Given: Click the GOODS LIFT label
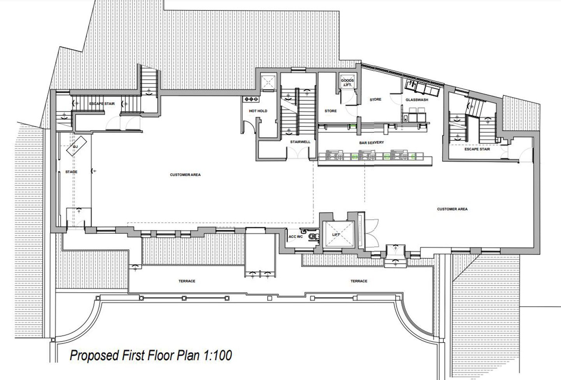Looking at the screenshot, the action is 347,83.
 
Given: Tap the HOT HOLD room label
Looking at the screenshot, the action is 258,111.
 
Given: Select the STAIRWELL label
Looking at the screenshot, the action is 300,142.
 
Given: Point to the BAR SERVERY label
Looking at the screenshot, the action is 371,142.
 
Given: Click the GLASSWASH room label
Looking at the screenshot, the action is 417,99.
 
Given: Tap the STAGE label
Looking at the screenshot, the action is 71,172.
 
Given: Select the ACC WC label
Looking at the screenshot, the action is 296,236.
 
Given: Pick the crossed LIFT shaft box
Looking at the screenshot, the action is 338,234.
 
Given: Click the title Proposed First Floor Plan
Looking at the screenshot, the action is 135,355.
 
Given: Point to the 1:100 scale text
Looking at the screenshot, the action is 218,355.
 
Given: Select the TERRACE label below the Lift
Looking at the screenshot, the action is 359,281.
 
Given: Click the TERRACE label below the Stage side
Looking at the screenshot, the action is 187,281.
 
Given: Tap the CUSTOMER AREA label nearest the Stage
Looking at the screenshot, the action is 185,174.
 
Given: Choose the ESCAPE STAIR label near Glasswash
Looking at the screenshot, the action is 477,149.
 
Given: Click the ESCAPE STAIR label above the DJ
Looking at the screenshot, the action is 102,104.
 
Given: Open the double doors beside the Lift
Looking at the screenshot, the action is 372,234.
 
